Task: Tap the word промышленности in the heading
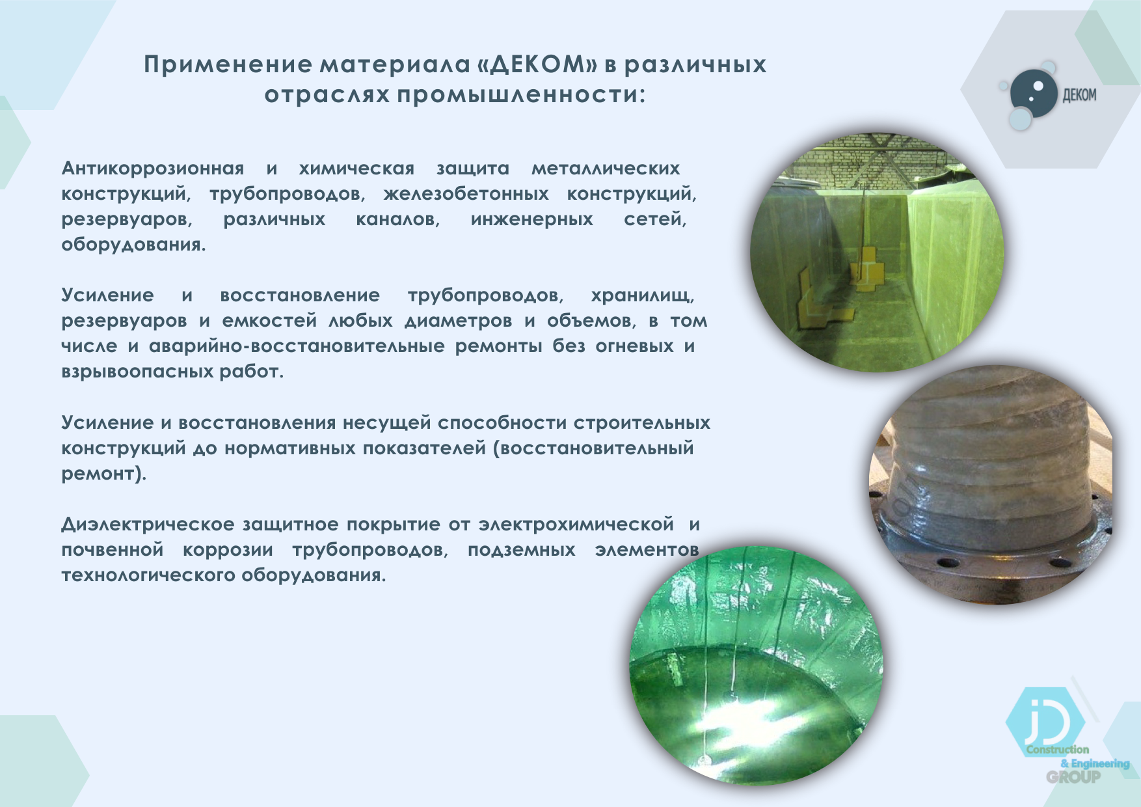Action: click(521, 95)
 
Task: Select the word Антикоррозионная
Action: click(153, 168)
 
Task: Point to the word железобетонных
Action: click(466, 194)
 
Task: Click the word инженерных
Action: click(532, 219)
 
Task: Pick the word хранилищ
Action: click(643, 295)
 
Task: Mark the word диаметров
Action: click(459, 321)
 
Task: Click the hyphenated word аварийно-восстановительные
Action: click(297, 346)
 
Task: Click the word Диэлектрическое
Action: click(148, 525)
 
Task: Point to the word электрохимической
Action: click(576, 525)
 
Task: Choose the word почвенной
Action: click(113, 550)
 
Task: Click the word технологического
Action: click(149, 575)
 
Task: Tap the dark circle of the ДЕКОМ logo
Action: click(1034, 94)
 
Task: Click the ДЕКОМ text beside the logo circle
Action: click(1079, 96)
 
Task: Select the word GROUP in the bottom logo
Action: click(1073, 776)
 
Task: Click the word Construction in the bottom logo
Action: click(1058, 750)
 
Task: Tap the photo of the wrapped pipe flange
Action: click(991, 485)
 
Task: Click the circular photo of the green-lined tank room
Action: click(877, 253)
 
